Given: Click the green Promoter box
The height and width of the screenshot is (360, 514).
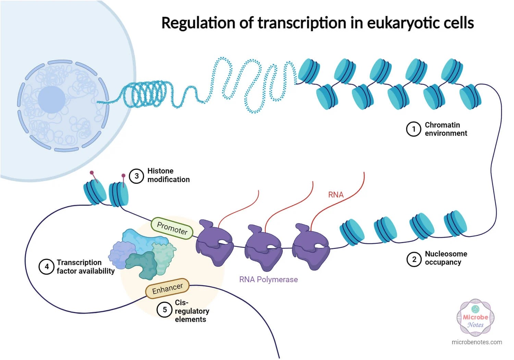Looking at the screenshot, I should pos(172,228).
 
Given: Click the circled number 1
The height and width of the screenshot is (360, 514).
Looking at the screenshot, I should pos(413,129).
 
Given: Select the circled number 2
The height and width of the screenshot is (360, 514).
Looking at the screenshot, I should pos(414,259).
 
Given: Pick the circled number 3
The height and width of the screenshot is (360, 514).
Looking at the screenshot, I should pos(136,176).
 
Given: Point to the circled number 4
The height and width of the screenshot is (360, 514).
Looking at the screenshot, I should pos(47,266).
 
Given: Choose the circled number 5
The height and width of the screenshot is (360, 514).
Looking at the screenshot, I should pos(164,310).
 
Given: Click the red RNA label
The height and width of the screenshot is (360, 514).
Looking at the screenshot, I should pos(335,195).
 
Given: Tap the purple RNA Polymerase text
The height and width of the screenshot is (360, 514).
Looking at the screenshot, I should pos(268,279).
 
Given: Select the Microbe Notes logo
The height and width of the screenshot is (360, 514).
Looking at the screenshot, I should pos(475,317).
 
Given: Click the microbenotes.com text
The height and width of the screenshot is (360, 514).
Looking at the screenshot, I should pos(477,342).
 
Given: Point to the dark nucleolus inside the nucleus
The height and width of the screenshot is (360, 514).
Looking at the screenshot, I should pos(51,99).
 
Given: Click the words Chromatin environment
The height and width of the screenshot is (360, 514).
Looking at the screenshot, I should pos(445,129).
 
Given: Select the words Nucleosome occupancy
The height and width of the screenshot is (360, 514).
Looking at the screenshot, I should pos(445,258).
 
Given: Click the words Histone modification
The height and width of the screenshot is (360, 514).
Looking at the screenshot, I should pos(168,175).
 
